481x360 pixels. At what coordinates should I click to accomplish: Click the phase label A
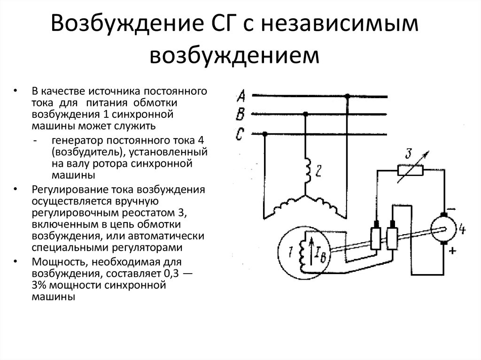click(240, 97)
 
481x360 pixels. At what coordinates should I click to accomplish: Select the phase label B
click(240, 115)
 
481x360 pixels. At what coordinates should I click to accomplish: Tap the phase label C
click(240, 134)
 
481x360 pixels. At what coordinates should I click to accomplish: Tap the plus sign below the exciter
click(452, 251)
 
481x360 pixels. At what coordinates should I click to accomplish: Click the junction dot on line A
click(348, 96)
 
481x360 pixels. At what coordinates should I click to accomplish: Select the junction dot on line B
click(306, 114)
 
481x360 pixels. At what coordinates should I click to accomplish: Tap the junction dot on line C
click(265, 134)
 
